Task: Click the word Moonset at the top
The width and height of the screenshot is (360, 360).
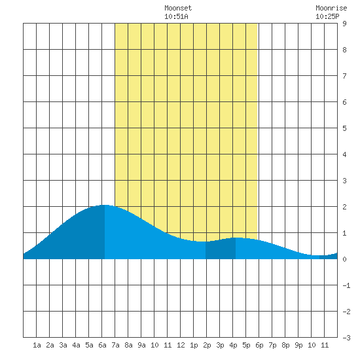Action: tap(178, 8)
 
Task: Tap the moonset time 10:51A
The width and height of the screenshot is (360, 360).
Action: tap(176, 16)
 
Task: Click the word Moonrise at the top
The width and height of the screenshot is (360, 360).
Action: tap(331, 8)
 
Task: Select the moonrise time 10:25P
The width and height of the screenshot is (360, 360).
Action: tap(327, 16)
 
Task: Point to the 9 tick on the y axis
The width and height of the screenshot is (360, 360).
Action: tap(344, 24)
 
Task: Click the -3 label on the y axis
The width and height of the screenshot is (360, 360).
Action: tap(346, 338)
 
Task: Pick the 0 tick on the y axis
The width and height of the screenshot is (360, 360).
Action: tap(344, 259)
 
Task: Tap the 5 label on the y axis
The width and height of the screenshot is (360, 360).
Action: tap(344, 128)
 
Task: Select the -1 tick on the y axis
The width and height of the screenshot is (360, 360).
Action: tap(346, 285)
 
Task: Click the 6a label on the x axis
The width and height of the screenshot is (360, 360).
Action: tap(102, 345)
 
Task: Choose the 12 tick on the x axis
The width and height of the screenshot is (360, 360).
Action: tap(181, 345)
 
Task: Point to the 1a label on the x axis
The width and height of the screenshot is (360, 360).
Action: tap(37, 345)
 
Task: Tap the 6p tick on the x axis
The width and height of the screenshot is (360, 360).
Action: tap(259, 345)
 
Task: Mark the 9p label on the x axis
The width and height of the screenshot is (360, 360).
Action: tap(298, 345)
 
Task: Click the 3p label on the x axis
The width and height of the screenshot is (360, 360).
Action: tap(220, 345)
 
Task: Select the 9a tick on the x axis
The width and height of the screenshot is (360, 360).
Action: tap(141, 345)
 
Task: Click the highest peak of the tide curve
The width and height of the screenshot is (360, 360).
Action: tap(105, 205)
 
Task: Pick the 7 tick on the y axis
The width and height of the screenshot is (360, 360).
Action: tap(344, 76)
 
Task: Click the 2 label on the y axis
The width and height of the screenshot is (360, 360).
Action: tap(344, 207)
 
